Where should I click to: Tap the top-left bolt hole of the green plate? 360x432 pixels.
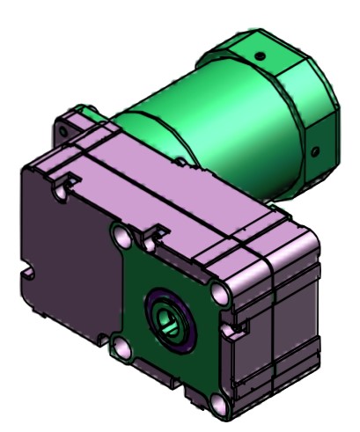coord(121,237)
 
